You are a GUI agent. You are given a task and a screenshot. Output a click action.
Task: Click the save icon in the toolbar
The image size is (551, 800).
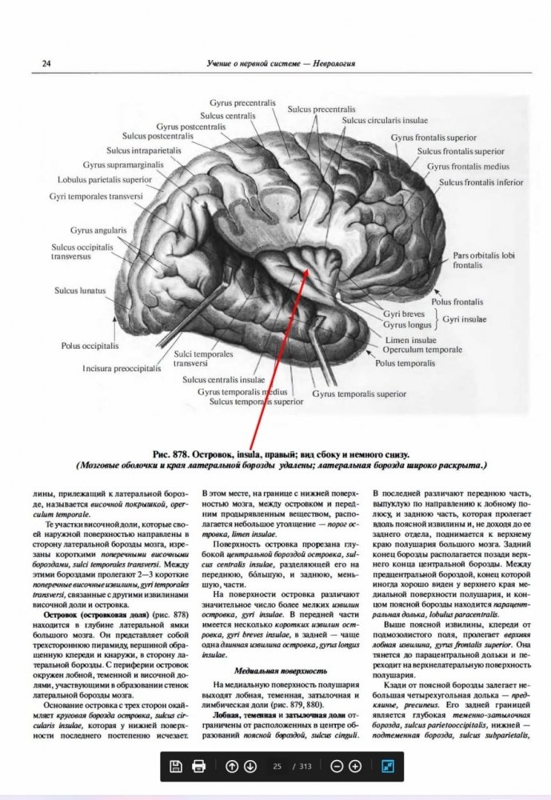click(x=176, y=766)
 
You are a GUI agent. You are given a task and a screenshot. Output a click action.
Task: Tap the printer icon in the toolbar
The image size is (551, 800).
click(x=199, y=766)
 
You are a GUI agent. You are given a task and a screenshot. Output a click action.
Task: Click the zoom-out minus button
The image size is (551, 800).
click(x=337, y=766)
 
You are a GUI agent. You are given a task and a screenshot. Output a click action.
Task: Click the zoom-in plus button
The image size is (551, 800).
click(x=356, y=766)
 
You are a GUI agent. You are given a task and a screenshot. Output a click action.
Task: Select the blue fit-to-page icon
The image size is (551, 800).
click(x=388, y=766)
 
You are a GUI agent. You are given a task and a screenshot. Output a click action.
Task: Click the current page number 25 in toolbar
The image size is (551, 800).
click(x=277, y=766)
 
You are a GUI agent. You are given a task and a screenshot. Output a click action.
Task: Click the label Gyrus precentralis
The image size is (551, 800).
click(x=243, y=103)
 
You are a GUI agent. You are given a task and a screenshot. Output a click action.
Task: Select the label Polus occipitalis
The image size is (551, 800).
click(x=90, y=346)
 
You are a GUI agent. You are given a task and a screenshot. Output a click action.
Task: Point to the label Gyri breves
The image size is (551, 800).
click(x=403, y=315)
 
